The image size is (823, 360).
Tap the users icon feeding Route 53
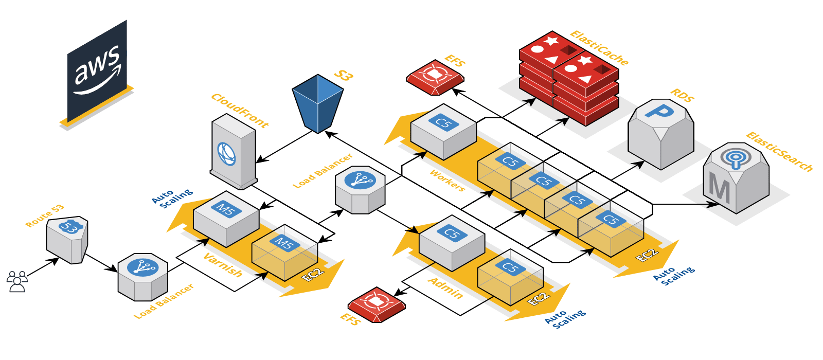click(17, 281)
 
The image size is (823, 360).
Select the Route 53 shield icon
click(67, 239)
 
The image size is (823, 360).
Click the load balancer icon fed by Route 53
click(142, 276)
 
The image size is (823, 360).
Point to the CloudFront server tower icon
click(233, 152)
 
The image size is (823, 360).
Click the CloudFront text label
click(240, 111)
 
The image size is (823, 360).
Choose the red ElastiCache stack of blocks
click(569, 77)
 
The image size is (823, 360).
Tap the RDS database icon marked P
click(661, 134)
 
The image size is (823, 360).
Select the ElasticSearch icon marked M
click(736, 177)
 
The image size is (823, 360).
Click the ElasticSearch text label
click(779, 152)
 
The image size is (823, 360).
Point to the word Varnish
click(223, 265)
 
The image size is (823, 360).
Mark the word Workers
click(447, 181)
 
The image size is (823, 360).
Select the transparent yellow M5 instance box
click(284, 252)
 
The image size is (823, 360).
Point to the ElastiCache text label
click(599, 48)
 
